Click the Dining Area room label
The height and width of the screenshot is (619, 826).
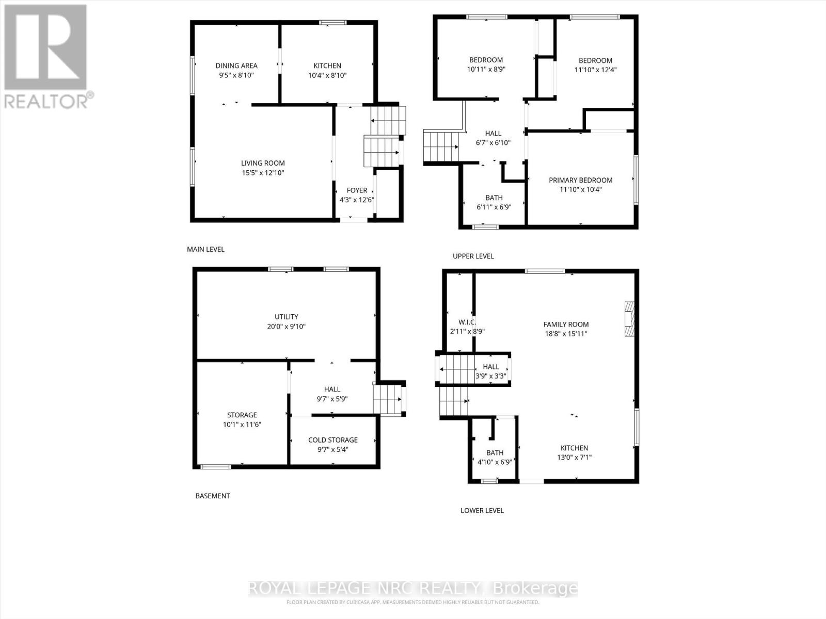[236, 66]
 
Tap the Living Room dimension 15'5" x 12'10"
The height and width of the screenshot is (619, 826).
[263, 173]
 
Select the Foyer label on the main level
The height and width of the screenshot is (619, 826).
[357, 190]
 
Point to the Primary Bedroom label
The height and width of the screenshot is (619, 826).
[580, 180]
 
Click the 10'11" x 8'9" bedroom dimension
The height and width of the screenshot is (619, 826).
[486, 69]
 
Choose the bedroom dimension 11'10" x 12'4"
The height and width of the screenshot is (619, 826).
[595, 70]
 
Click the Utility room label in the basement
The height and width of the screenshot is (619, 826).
[287, 317]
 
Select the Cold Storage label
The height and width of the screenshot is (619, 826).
[333, 440]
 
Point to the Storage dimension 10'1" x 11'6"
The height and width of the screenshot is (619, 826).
[242, 425]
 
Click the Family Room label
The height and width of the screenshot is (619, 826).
[566, 324]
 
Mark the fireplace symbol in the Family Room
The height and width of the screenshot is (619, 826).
[628, 319]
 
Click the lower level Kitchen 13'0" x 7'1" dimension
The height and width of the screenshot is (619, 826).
[574, 457]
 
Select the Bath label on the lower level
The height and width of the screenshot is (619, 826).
[495, 452]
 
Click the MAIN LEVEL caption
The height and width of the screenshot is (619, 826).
[205, 249]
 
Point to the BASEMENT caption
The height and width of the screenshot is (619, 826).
[213, 496]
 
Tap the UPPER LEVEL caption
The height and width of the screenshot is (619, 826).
[473, 256]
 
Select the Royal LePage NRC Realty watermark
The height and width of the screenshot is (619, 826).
[413, 588]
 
